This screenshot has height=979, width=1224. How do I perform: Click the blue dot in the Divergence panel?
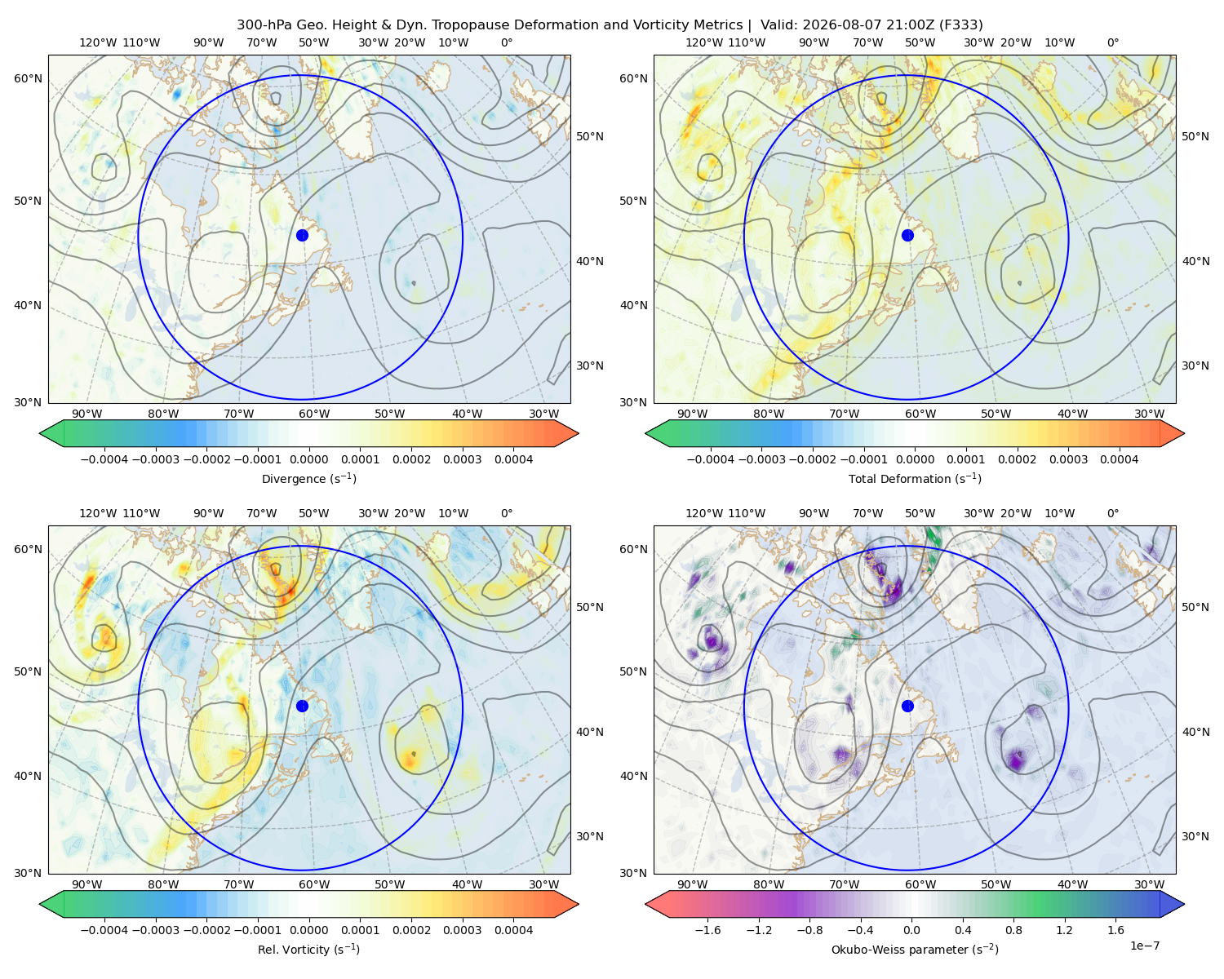302,235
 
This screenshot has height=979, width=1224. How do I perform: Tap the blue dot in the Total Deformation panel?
907,235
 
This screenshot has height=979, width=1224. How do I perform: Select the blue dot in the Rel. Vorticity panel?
302,706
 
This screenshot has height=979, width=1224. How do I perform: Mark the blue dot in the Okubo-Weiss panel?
907,706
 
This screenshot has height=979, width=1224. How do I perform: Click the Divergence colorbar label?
308,478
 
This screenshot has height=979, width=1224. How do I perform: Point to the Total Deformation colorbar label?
915,478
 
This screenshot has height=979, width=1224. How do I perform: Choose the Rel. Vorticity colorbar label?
308,950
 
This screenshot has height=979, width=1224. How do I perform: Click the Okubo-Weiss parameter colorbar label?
915,950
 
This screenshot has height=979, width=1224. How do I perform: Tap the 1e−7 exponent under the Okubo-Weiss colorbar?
1144,946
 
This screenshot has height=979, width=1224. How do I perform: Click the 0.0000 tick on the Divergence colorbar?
308,459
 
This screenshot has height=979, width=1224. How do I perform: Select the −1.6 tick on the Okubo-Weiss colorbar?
707,930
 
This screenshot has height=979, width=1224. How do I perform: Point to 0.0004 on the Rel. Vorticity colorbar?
513,930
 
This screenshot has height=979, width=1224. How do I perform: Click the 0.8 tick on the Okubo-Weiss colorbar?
1013,930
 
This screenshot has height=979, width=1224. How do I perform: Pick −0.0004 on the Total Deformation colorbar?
711,459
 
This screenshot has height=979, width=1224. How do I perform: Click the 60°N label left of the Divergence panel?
28,78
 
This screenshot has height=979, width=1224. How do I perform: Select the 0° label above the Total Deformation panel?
1112,42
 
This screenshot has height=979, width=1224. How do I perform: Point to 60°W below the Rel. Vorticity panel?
314,884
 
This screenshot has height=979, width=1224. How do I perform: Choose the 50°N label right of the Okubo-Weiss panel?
1195,607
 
